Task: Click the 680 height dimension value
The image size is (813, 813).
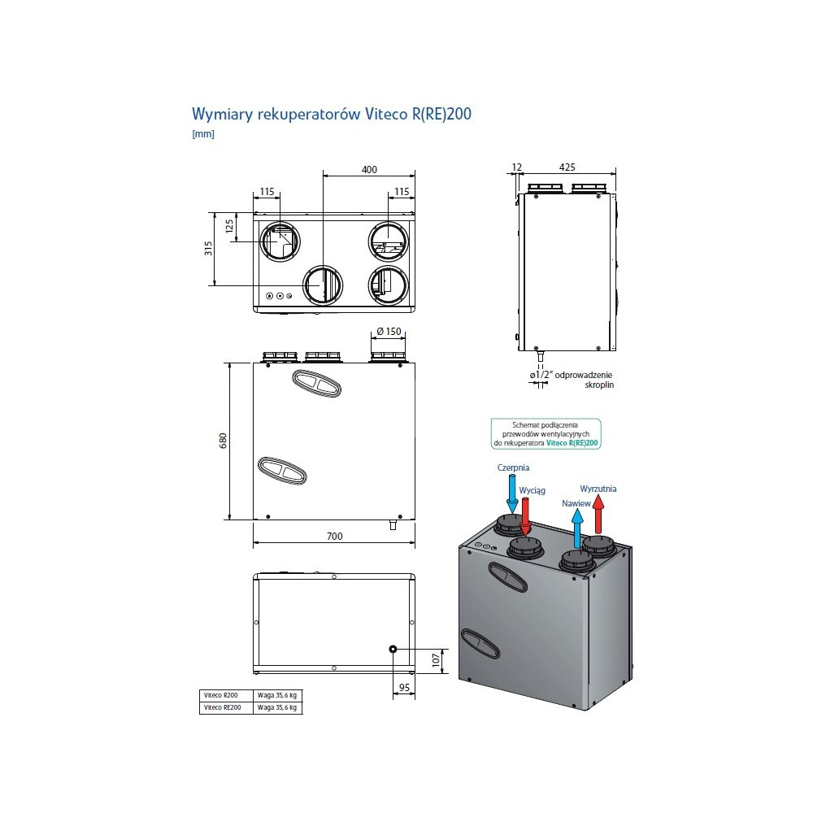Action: [222, 441]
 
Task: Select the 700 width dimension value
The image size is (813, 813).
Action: [334, 536]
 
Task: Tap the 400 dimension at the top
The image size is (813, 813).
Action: [370, 169]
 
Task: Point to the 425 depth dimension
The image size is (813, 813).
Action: [567, 167]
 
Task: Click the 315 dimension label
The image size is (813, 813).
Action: [208, 248]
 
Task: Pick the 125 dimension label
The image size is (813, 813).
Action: [229, 225]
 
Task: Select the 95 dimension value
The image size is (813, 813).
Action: [402, 688]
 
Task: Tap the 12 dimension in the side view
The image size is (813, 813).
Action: [517, 167]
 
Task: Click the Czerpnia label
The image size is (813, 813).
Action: [513, 467]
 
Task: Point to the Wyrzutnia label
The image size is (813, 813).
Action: [598, 489]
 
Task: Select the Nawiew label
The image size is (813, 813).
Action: [575, 503]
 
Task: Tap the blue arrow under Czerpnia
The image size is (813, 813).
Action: [511, 493]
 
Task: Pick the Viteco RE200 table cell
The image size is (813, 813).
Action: [221, 708]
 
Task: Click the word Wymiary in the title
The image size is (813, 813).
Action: [221, 114]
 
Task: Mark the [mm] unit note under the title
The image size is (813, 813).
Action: [202, 134]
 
